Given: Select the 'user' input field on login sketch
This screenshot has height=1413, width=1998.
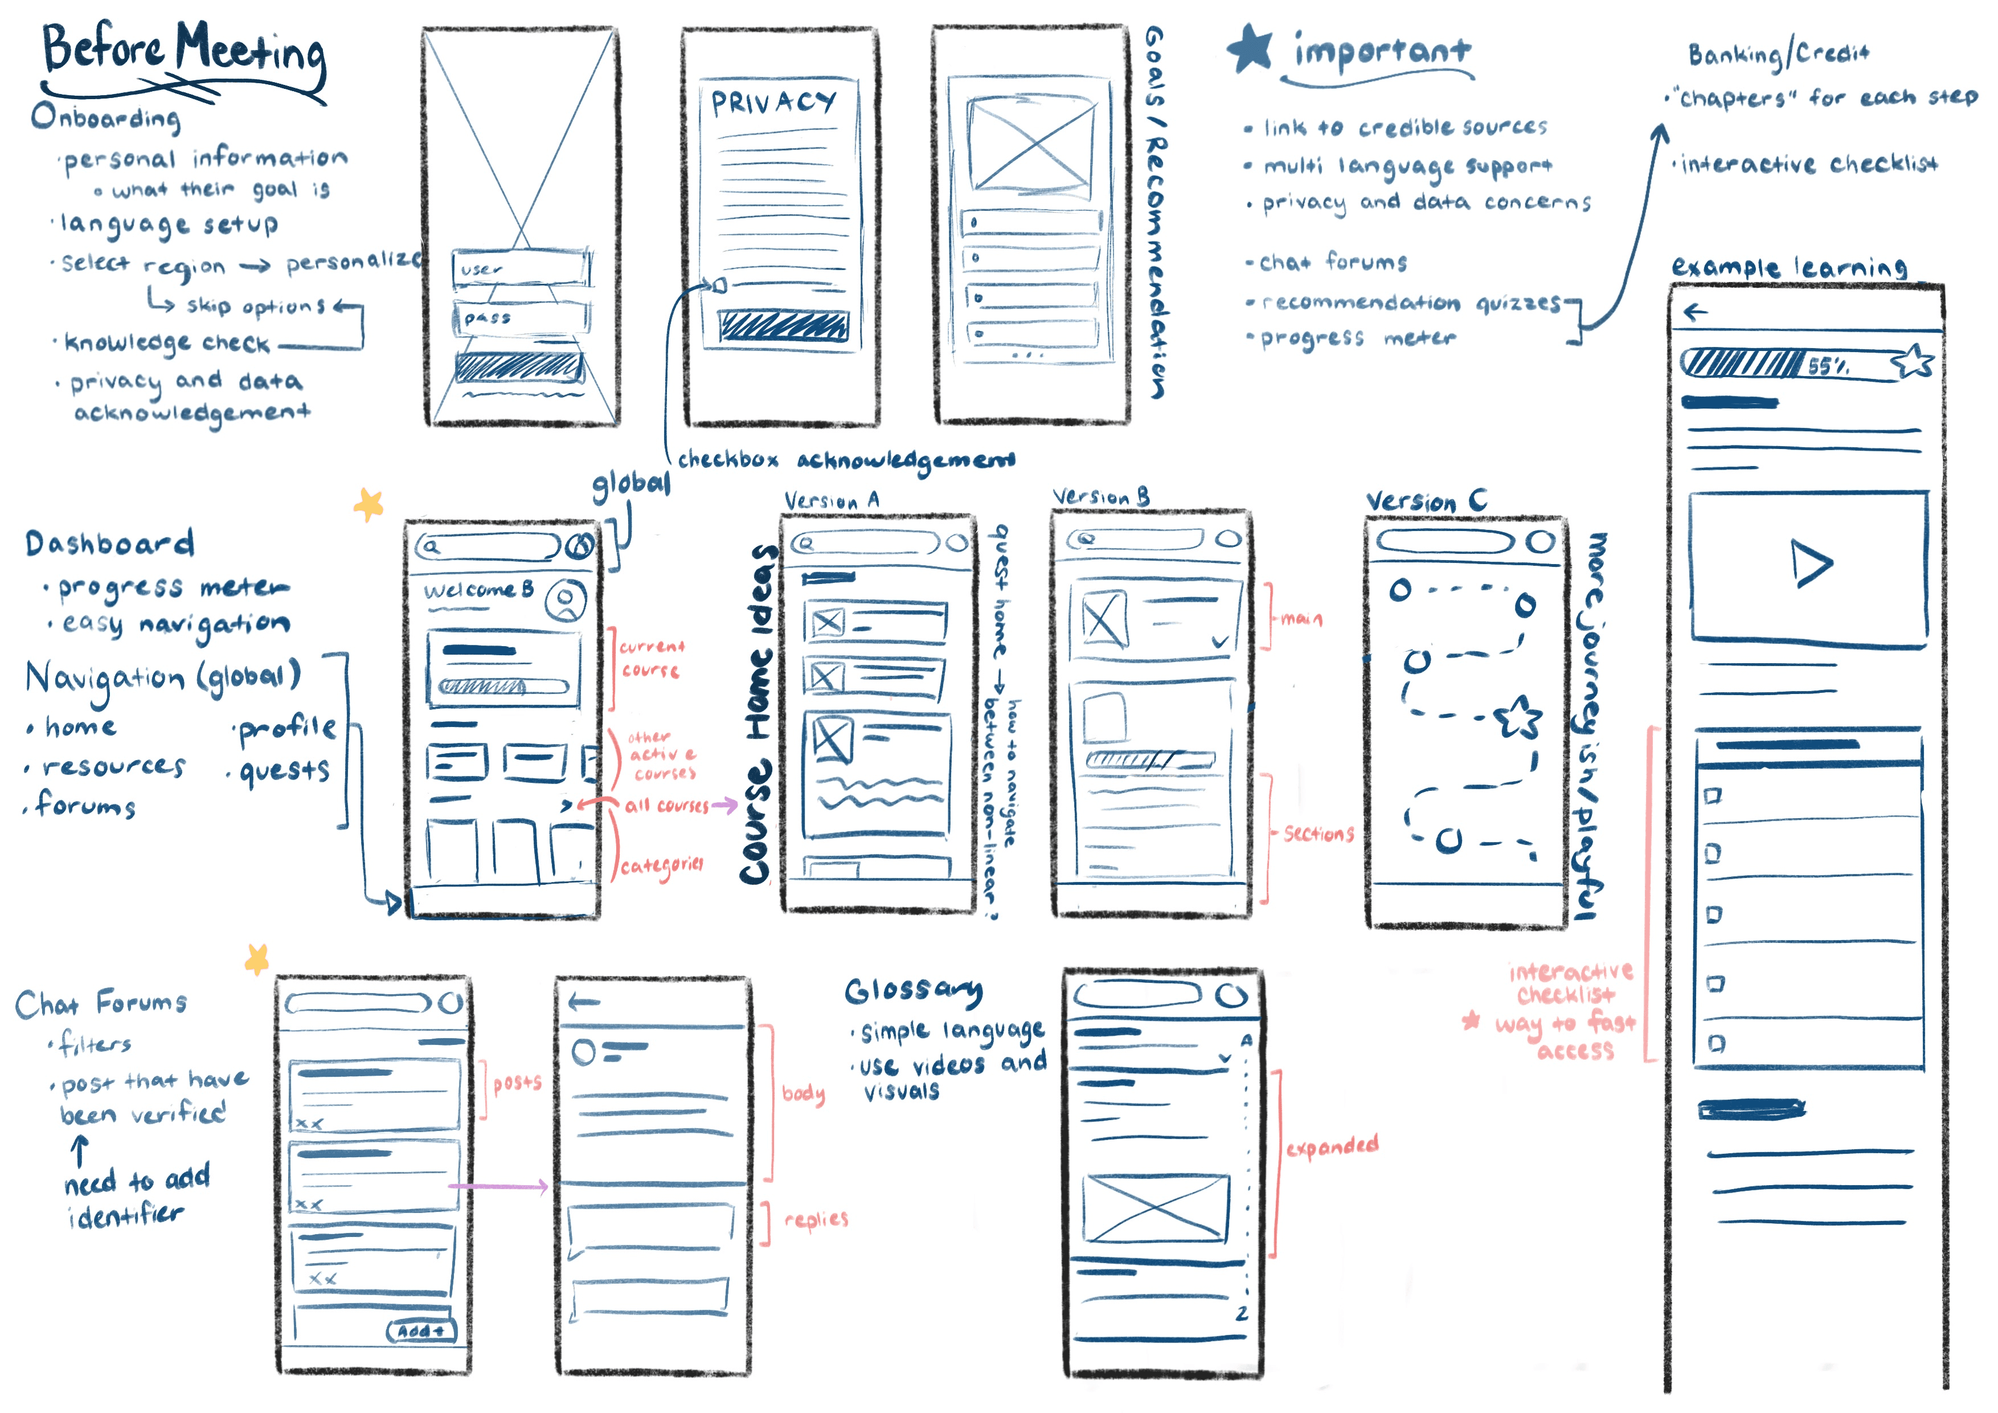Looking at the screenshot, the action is (521, 268).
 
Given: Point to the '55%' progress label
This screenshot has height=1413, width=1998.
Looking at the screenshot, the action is (1828, 366).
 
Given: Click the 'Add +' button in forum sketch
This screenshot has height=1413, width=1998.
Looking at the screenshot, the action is (421, 1331).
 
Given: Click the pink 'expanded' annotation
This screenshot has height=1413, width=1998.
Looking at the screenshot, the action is (1332, 1146).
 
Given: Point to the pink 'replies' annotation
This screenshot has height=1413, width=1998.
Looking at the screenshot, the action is (816, 1219).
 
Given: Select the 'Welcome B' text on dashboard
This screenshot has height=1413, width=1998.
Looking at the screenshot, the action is (478, 590).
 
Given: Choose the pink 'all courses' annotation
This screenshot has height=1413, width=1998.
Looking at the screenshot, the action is (666, 805).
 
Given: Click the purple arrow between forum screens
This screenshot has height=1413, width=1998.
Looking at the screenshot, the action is (498, 1186).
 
